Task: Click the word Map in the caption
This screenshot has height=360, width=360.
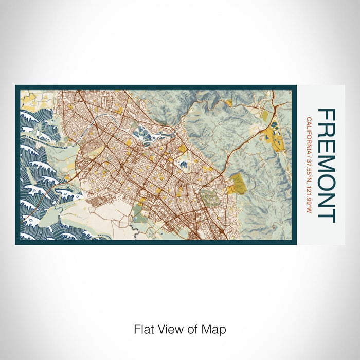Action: tap(215, 328)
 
